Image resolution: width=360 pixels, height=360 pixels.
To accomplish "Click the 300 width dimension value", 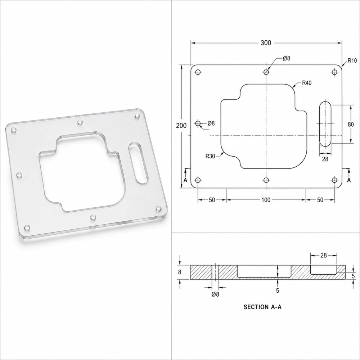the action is (266, 43).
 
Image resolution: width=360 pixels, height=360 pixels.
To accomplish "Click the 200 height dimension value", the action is (181, 126).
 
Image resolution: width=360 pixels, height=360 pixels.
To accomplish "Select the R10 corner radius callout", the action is (352, 60).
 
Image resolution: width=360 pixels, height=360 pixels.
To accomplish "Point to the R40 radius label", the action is (307, 83).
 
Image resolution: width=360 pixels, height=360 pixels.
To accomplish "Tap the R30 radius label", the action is (210, 156).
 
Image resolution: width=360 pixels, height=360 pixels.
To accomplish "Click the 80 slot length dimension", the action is (351, 125).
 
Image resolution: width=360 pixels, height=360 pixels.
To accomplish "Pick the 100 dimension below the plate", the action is (266, 200).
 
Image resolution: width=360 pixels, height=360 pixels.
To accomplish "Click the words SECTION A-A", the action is (262, 307).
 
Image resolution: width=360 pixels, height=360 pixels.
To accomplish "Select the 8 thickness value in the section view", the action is (180, 272).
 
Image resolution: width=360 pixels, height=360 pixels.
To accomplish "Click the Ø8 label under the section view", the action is (215, 294).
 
